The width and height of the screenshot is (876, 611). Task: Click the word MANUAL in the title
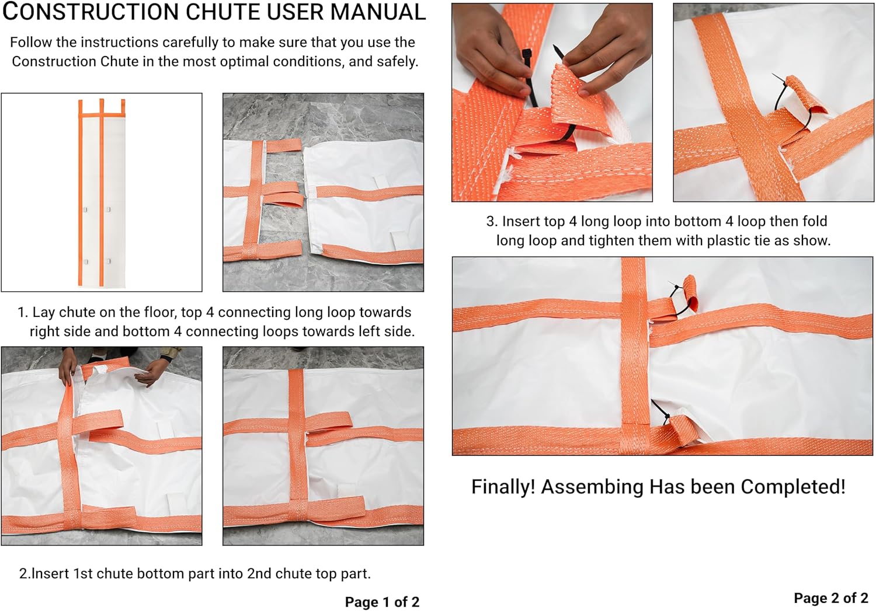(x=378, y=12)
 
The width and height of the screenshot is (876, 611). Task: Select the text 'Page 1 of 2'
(x=382, y=602)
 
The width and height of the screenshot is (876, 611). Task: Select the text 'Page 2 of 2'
(x=831, y=598)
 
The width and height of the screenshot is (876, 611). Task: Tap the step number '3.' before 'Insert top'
(x=492, y=221)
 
